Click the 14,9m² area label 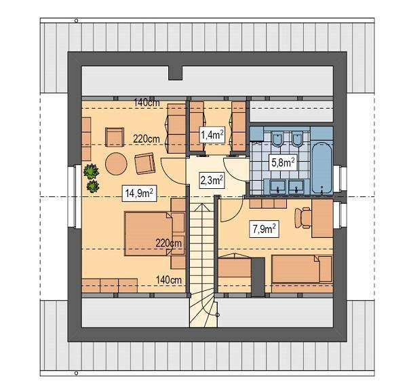pos(138,193)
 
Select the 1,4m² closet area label pos(212,135)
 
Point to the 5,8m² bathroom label pos(282,162)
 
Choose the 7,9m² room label pos(263,228)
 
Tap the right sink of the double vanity pos(295,186)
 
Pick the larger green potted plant pos(90,173)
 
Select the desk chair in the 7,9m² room pos(303,217)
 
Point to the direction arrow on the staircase pos(217,315)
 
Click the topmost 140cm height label pos(146,103)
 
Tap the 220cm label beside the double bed pos(169,243)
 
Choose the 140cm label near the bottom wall pos(169,279)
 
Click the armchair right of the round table pos(144,163)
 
